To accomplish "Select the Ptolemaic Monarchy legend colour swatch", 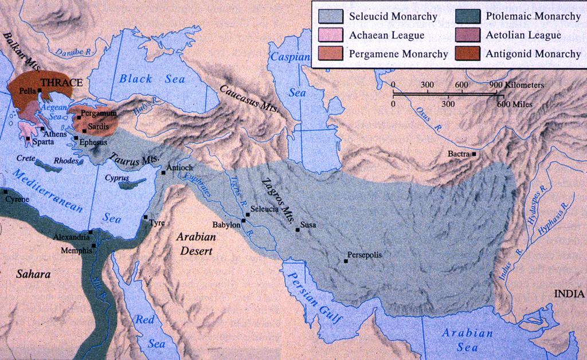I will [468, 17].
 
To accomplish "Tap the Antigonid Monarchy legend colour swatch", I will [468, 54].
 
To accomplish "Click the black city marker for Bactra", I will [474, 154].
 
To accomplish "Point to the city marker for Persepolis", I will [346, 261].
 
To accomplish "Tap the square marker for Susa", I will [297, 230].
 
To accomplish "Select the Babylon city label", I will [226, 225].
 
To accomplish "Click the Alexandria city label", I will [71, 236].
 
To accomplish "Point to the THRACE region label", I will [62, 83].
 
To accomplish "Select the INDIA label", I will [569, 294].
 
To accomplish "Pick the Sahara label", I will [33, 275].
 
